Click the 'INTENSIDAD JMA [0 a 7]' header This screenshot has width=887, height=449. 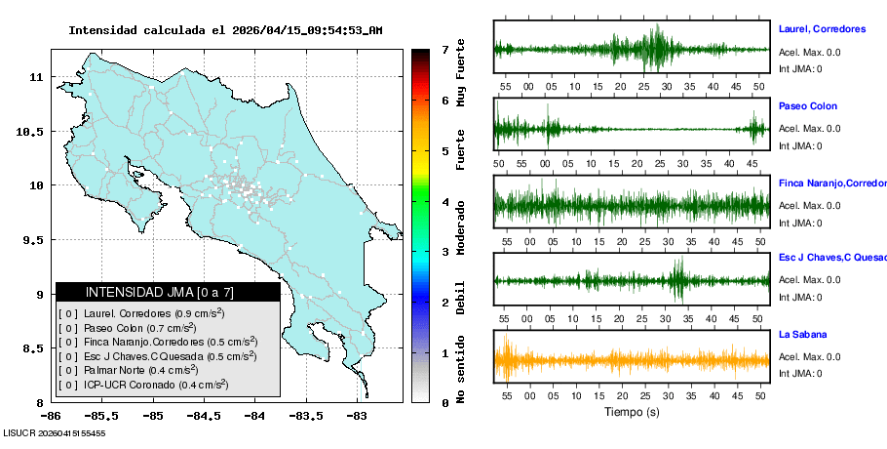point(160,292)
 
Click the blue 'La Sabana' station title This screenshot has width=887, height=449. point(803,335)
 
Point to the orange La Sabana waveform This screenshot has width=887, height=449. point(632,360)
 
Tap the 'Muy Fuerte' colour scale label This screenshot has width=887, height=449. point(461,73)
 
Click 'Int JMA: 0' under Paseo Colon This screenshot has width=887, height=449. point(800,146)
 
